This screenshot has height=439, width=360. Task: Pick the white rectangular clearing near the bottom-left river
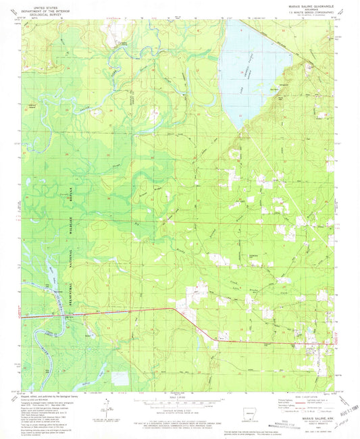120,378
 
